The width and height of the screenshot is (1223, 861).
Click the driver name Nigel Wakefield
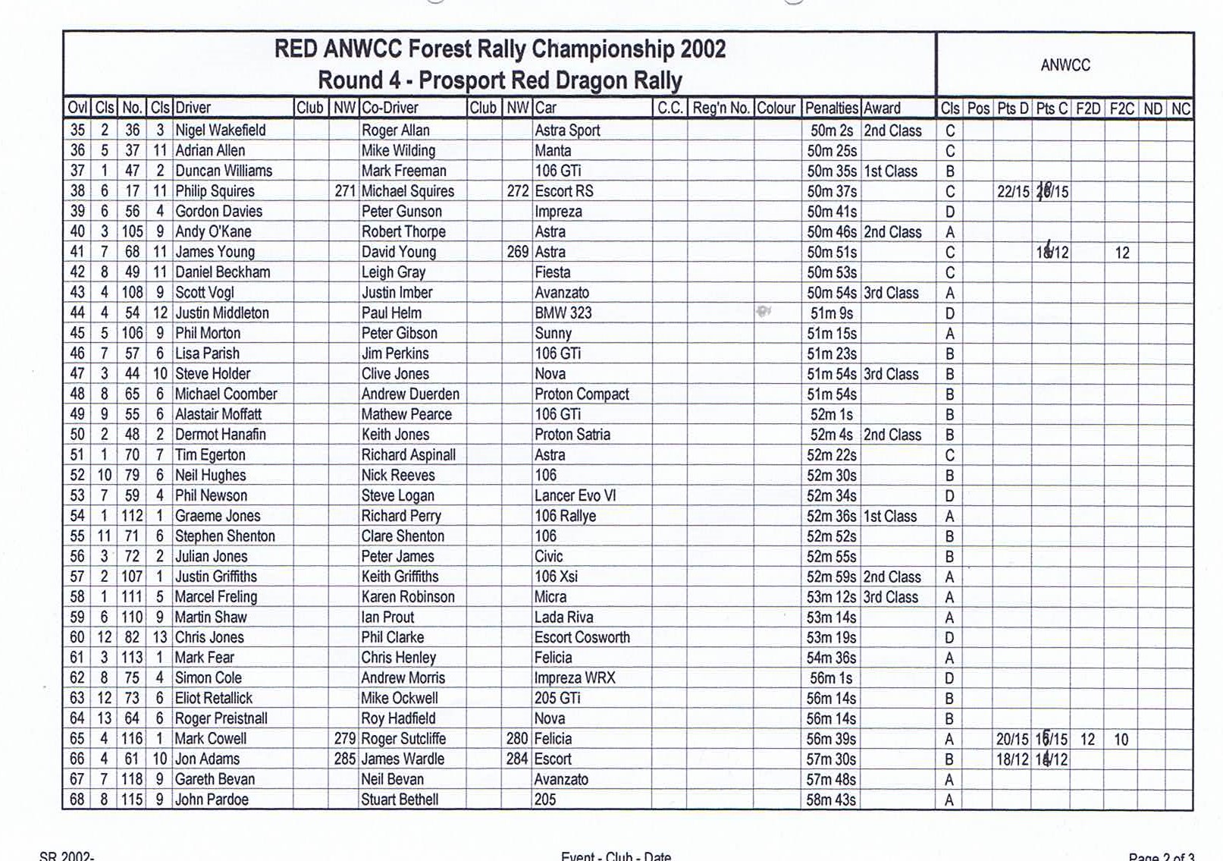[x=220, y=130]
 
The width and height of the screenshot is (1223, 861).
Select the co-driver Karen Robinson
[x=407, y=597]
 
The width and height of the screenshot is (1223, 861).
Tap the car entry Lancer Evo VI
[x=575, y=495]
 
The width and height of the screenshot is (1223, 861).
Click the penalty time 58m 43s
[x=831, y=800]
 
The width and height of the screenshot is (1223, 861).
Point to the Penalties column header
[x=831, y=108]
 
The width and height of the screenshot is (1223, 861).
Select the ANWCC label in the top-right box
[x=1065, y=65]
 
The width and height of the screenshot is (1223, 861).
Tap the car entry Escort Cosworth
[x=582, y=637]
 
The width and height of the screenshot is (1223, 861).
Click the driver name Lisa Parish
[x=207, y=354]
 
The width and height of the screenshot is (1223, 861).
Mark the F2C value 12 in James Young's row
[x=1121, y=253]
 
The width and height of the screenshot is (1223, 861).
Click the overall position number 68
[x=77, y=800]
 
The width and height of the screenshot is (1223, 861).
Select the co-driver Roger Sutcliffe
[x=403, y=739]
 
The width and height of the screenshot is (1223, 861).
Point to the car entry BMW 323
[x=563, y=313]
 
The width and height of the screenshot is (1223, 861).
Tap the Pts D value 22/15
[x=1012, y=191]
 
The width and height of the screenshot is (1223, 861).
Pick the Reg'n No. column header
[x=720, y=108]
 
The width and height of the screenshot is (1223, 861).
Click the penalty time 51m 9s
[x=831, y=313]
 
